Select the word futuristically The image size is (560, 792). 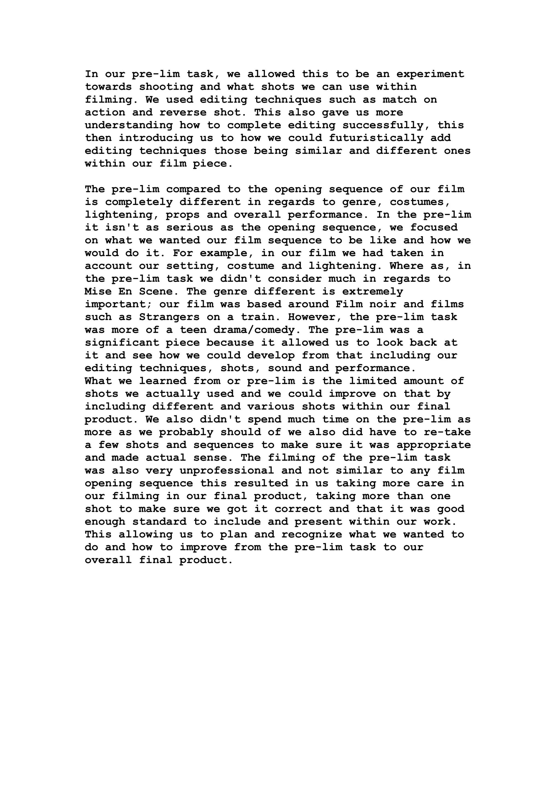[376, 138]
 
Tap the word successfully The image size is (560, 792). [383, 125]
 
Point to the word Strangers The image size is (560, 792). [170, 317]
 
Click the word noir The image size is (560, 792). [383, 304]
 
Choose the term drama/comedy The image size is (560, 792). [254, 330]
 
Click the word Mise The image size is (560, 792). [98, 292]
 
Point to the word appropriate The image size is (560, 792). [433, 445]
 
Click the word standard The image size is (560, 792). [159, 521]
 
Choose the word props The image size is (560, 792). [183, 215]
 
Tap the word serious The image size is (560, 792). [190, 228]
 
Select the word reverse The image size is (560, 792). [183, 112]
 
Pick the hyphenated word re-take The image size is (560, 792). [447, 432]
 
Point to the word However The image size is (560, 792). [315, 317]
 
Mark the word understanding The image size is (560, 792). [129, 125]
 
